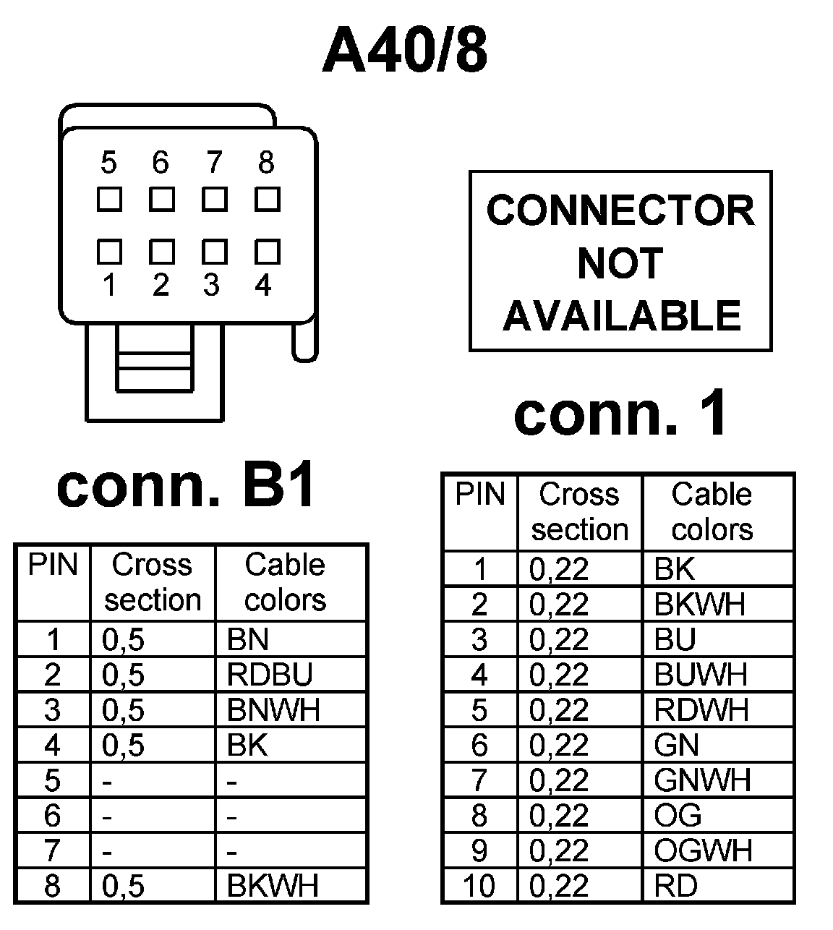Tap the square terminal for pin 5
point(109,199)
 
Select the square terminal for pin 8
point(268,199)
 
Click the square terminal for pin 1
point(109,252)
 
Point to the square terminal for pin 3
point(214,252)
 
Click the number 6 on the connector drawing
point(161,163)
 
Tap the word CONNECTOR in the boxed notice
point(620,210)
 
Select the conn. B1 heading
point(186,486)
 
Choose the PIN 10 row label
point(479,885)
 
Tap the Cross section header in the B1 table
point(153,582)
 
